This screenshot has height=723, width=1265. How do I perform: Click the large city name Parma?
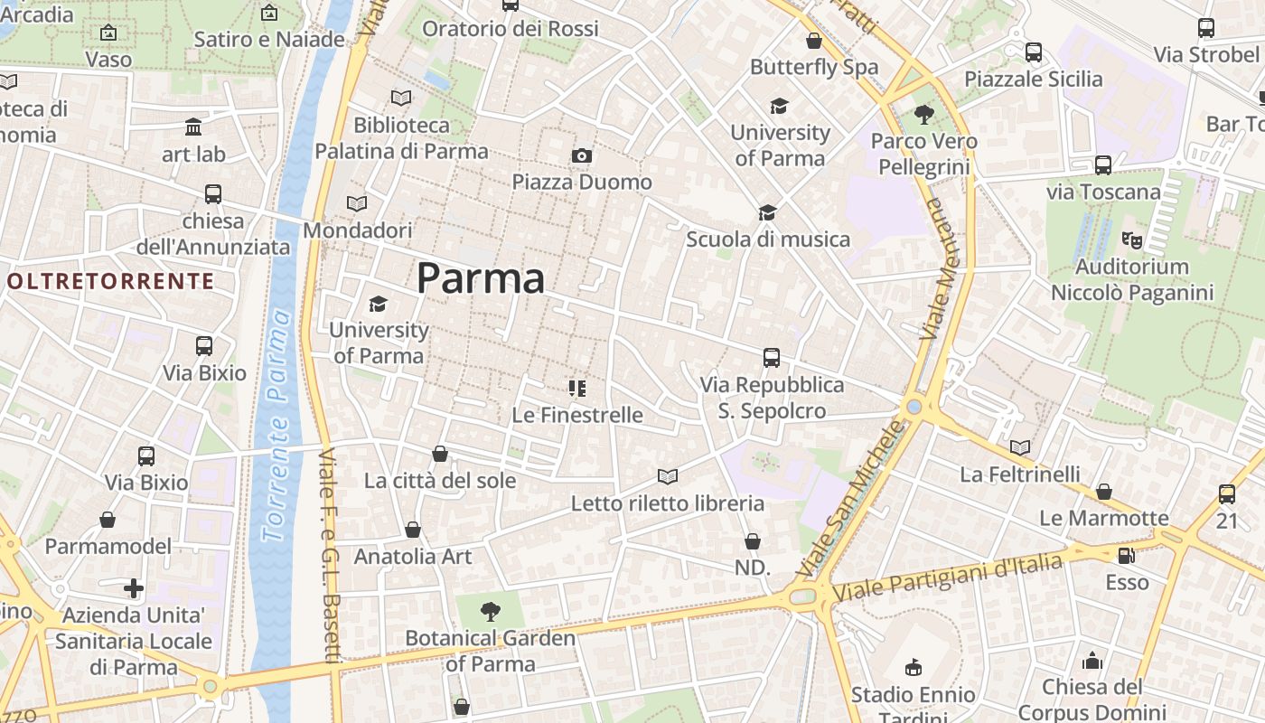tap(481, 278)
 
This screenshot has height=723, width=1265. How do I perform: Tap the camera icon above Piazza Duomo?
tap(582, 155)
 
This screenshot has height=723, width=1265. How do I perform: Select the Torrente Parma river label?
tap(277, 425)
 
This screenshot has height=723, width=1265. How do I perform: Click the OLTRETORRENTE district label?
tap(110, 281)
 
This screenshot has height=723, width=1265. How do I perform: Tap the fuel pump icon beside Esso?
tap(1126, 556)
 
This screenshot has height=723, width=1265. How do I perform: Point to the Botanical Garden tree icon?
tap(490, 612)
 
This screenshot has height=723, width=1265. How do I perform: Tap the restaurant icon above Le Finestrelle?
tap(576, 389)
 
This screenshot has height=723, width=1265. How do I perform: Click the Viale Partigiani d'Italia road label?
tap(949, 578)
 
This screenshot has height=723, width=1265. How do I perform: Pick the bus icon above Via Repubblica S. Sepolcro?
tap(771, 358)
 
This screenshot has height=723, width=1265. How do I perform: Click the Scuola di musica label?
tap(768, 239)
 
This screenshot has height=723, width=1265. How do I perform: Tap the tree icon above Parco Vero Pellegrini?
tap(923, 115)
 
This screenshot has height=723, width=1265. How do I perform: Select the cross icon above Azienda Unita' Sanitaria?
tap(134, 589)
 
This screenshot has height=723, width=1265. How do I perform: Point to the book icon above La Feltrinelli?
tap(1019, 447)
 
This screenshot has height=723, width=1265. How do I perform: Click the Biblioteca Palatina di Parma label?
tap(401, 137)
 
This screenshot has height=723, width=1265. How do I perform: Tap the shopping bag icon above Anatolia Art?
tap(413, 530)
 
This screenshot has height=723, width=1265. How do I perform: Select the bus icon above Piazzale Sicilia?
tap(1033, 52)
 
